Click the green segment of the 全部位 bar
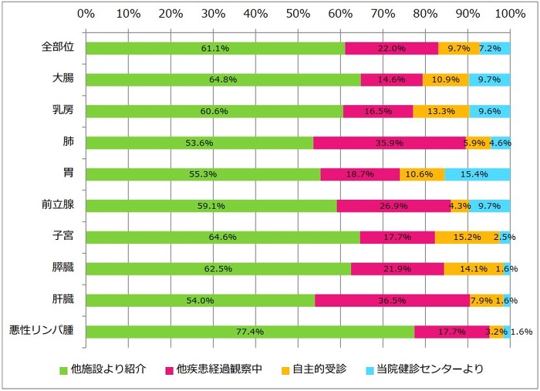coord(215,48)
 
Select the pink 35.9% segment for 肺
coord(390,143)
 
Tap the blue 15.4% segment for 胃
coord(477,174)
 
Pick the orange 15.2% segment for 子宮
coord(466,237)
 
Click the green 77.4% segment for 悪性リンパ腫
coord(250,332)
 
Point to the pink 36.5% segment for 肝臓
coord(392,300)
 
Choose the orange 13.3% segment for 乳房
coord(440,111)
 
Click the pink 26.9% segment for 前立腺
coord(393,206)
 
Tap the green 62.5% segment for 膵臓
coord(218,268)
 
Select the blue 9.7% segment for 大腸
coord(489,79)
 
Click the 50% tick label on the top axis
coord(298,14)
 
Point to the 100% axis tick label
coord(508,14)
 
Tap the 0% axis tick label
coord(86,14)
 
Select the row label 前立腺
coord(57,206)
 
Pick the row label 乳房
coord(62,111)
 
